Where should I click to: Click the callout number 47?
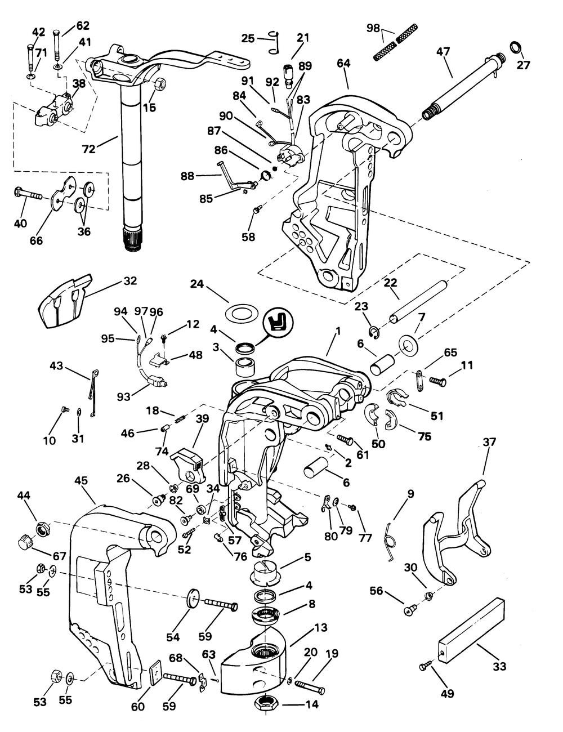(x=443, y=52)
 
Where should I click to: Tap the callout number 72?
(x=89, y=149)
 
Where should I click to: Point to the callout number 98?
(x=373, y=28)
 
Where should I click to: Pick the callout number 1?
(x=338, y=331)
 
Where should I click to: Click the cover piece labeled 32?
(x=66, y=301)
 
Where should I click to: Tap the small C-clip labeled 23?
(x=374, y=332)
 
